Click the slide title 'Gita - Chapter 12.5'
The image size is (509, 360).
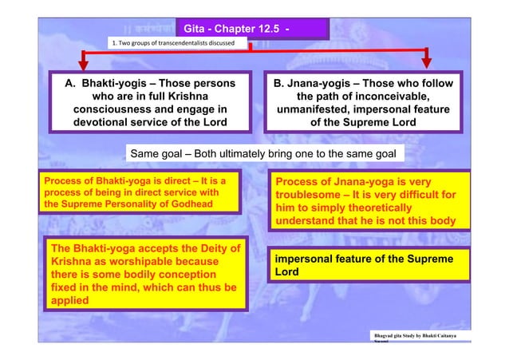[228, 30]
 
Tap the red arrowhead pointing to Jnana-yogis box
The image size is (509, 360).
[427, 61]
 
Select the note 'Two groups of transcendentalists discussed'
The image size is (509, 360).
[172, 42]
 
